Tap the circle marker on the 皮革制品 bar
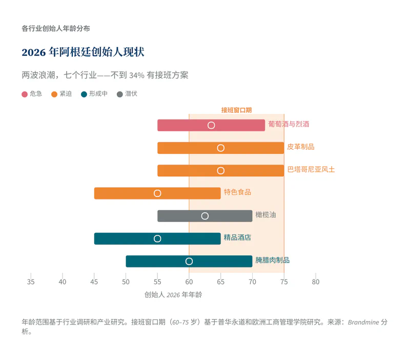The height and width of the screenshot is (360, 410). (221, 148)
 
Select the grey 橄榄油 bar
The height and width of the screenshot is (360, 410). (231, 216)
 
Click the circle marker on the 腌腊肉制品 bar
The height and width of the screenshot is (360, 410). (189, 262)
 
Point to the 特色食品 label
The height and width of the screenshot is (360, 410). (237, 192)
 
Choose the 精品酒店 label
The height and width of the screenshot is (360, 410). (237, 238)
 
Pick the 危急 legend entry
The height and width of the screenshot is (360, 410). (32, 94)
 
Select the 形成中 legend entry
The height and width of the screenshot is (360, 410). (94, 94)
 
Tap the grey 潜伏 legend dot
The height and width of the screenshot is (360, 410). (120, 94)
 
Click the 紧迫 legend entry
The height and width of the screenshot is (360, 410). (61, 94)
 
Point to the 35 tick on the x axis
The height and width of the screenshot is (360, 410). (31, 282)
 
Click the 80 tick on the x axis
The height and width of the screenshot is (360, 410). (316, 282)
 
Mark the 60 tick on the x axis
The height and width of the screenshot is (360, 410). (189, 282)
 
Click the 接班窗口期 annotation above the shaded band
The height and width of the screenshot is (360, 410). (236, 110)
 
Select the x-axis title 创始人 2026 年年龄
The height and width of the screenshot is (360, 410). (170, 295)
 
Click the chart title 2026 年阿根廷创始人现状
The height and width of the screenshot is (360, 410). (83, 52)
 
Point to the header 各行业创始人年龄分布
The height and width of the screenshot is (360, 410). (56, 29)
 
